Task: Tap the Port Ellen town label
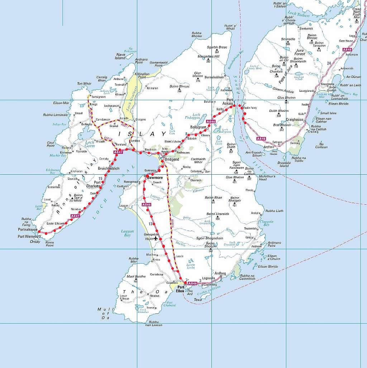(x=181, y=289)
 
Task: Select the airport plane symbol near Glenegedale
(x=156, y=238)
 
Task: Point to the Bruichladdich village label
(x=109, y=168)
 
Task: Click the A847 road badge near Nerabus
(x=75, y=216)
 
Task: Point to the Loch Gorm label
(x=89, y=144)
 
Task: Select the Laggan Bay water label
(x=127, y=233)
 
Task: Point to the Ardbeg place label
(x=220, y=273)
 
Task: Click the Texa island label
(x=197, y=299)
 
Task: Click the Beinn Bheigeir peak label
(x=235, y=199)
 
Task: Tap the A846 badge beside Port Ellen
(x=192, y=283)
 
